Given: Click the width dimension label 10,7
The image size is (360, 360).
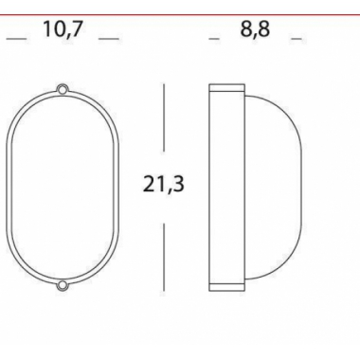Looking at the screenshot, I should (x=63, y=29).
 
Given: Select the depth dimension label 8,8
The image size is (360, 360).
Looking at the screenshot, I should (x=255, y=29).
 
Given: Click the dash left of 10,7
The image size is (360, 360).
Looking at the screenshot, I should (x=16, y=39).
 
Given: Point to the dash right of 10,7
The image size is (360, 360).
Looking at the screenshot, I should (x=110, y=39).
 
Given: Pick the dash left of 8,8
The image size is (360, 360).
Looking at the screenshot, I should (x=214, y=39).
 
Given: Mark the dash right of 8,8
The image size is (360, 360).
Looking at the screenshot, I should (x=297, y=39).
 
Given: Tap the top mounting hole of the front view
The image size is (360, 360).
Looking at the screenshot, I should (x=63, y=89).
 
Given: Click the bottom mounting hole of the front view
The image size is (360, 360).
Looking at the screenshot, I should (x=63, y=284).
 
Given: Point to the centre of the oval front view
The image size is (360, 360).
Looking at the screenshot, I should (x=63, y=187).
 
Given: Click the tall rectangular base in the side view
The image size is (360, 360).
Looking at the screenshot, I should (x=226, y=187).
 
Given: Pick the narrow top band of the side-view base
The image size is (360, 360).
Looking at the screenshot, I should (x=226, y=89).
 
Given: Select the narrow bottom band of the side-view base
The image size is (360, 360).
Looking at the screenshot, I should (x=226, y=283).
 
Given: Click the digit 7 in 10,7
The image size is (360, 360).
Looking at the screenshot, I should (x=79, y=29).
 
